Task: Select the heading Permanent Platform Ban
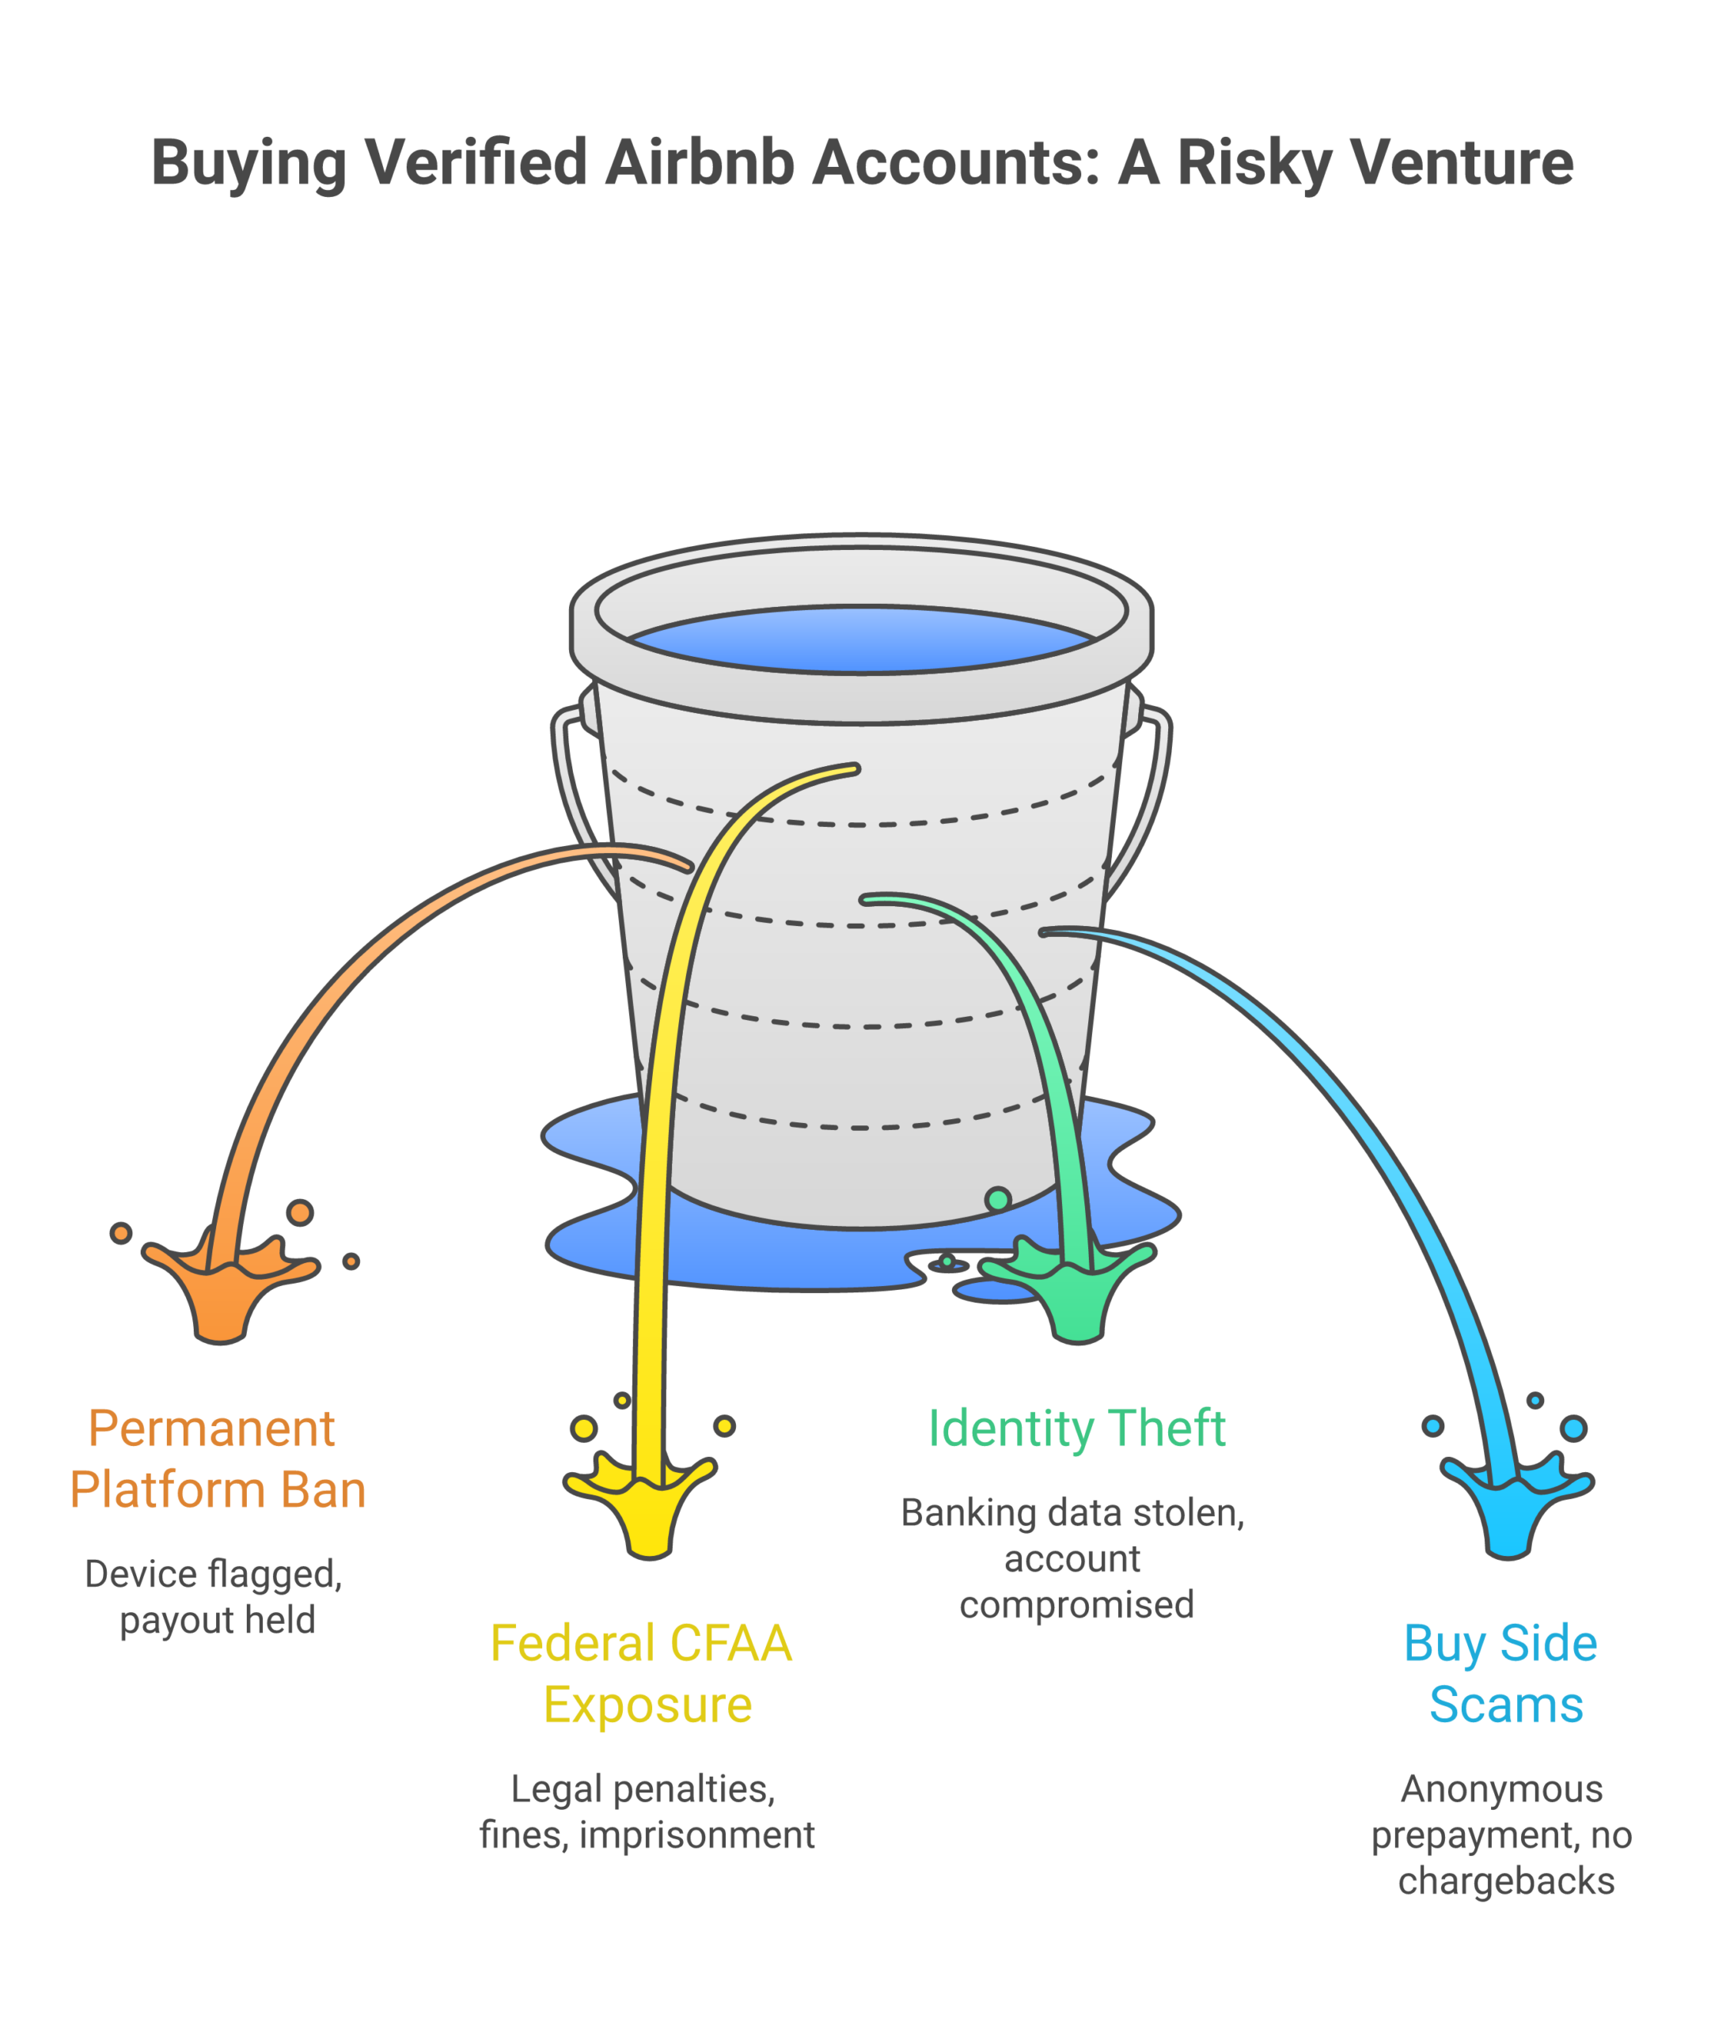click(x=218, y=1459)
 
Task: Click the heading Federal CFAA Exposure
click(x=642, y=1674)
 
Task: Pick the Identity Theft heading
click(x=1076, y=1428)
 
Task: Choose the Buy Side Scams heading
click(x=1501, y=1674)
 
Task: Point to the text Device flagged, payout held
click(x=215, y=1597)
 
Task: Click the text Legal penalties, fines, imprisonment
click(x=646, y=1812)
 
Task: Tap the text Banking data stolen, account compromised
click(x=1074, y=1558)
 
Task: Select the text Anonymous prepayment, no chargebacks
click(x=1502, y=1835)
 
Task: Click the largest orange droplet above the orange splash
click(x=300, y=1212)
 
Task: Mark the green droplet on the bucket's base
click(x=998, y=1200)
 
